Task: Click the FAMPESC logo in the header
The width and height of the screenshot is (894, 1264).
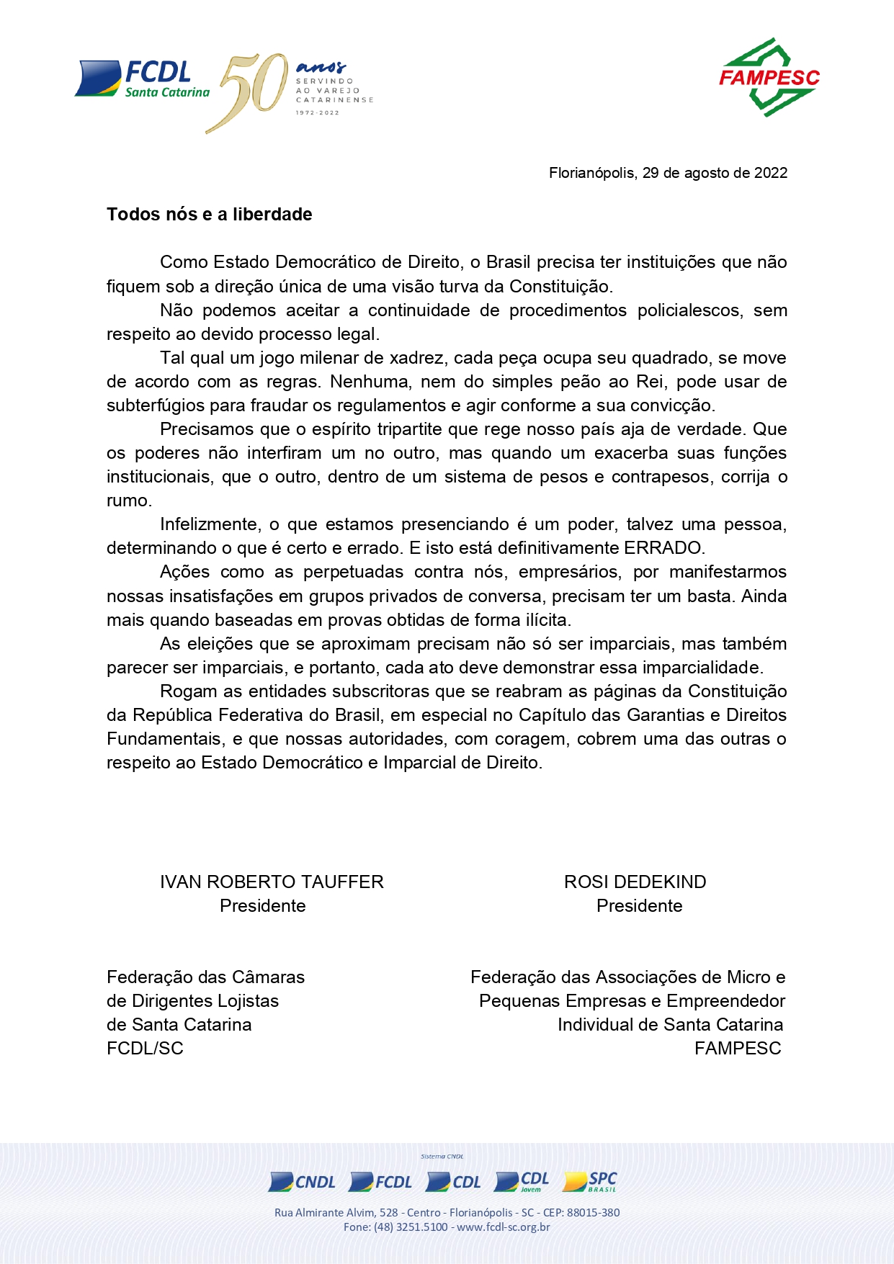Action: pyautogui.click(x=769, y=78)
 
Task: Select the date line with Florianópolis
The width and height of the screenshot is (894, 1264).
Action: pyautogui.click(x=668, y=173)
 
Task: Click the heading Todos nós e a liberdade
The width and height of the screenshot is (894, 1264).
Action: pyautogui.click(x=209, y=215)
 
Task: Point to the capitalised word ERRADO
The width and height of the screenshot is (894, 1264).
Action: pyautogui.click(x=663, y=548)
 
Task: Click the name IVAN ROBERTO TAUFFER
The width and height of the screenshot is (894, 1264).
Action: pyautogui.click(x=272, y=882)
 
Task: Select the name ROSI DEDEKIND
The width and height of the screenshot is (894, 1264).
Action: pyautogui.click(x=635, y=882)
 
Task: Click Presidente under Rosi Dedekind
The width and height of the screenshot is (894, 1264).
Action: pyautogui.click(x=639, y=906)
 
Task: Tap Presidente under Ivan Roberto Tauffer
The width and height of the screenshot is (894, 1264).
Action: pyautogui.click(x=262, y=906)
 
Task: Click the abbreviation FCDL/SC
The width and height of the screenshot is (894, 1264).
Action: pyautogui.click(x=145, y=1049)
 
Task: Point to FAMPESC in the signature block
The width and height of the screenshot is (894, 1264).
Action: pyautogui.click(x=738, y=1049)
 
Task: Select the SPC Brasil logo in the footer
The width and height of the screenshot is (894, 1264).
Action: pyautogui.click(x=591, y=1181)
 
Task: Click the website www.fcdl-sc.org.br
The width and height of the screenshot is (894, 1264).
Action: pyautogui.click(x=503, y=1227)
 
